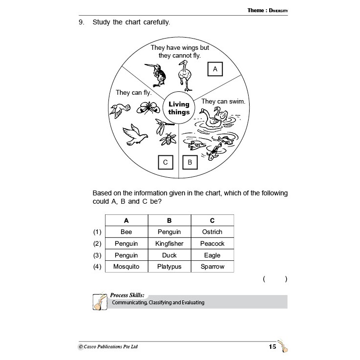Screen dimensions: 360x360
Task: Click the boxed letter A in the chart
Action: point(214,69)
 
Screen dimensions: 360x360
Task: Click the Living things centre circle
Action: point(179,108)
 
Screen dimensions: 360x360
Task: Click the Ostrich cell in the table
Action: point(212,232)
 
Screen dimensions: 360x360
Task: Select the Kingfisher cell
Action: point(169,243)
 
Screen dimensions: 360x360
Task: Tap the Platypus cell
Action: point(169,267)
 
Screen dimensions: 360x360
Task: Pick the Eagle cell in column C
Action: point(212,255)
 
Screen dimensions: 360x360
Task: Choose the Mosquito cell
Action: point(126,267)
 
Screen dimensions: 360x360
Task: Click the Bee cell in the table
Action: point(126,232)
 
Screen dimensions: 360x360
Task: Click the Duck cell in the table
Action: point(169,255)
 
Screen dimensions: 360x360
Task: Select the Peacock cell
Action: point(212,243)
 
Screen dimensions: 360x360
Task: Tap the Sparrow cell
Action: point(212,267)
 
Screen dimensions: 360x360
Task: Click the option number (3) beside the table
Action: point(97,255)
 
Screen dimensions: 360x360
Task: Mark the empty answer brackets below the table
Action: point(275,279)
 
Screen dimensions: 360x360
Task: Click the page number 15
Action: point(273,347)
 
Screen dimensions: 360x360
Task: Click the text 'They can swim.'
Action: point(223,102)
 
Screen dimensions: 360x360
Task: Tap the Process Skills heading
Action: point(127,295)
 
